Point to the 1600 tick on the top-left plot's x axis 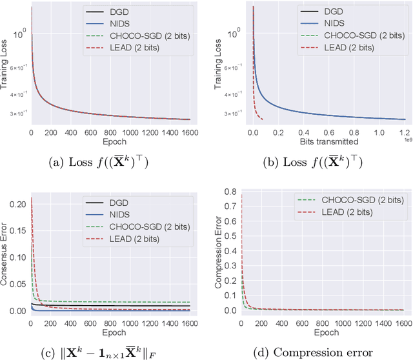pyautogui.click(x=190, y=132)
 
